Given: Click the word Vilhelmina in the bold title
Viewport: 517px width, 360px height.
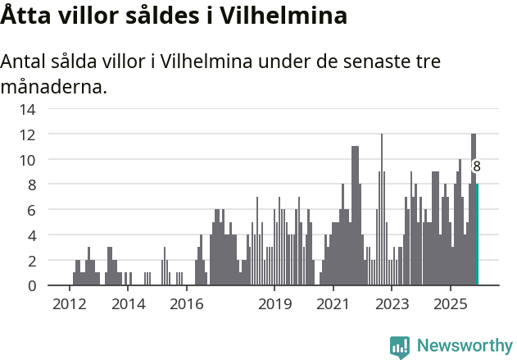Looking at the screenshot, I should tap(279, 15).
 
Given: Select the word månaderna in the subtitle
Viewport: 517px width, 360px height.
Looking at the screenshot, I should tap(54, 86).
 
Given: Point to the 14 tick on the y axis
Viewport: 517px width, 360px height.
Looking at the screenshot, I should tap(28, 108).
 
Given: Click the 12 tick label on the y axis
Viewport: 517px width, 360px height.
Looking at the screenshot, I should tap(28, 134).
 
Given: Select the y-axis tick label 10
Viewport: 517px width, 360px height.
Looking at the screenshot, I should tap(28, 159).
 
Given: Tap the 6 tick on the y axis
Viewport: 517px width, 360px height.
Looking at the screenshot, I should tap(31, 210).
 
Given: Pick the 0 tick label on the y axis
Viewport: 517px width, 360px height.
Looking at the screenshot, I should tap(31, 285).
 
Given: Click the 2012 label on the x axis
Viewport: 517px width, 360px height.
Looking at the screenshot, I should tap(70, 304).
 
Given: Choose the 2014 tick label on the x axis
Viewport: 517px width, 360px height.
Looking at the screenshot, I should tap(128, 304).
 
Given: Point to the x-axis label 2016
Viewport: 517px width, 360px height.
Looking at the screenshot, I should tap(186, 304).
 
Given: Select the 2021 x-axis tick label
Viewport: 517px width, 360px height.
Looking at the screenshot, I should tap(333, 304).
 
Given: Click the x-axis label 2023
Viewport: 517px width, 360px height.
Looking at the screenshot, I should tap(391, 304).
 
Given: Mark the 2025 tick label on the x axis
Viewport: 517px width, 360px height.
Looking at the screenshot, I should tap(450, 304).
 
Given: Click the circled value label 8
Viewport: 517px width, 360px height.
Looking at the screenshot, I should tap(477, 166).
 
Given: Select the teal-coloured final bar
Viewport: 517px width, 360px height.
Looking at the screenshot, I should tap(477, 238).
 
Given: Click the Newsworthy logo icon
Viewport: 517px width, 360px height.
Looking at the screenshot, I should tap(400, 347).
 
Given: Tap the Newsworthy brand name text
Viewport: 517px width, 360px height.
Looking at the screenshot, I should tap(464, 346).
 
